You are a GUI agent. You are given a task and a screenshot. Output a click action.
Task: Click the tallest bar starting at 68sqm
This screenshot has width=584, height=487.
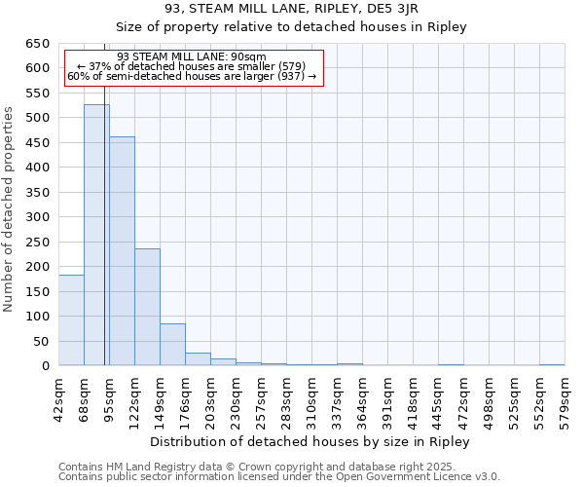96,235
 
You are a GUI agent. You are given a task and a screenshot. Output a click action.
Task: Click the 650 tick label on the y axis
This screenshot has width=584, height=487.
38,44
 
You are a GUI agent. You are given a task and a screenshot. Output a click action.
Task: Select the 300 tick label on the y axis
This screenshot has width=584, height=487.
38,217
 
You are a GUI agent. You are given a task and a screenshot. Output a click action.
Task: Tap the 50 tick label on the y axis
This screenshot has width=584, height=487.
42,341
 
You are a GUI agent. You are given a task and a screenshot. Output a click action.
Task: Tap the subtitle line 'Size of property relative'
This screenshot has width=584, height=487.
292,26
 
